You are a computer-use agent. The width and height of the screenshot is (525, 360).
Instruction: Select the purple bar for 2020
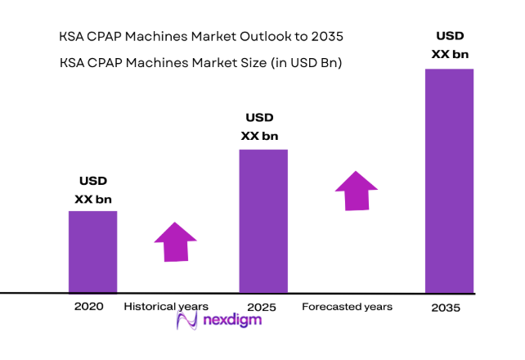tap(92, 251)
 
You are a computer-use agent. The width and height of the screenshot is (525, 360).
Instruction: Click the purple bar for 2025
tap(262, 220)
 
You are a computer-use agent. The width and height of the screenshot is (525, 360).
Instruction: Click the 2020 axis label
tap(89, 307)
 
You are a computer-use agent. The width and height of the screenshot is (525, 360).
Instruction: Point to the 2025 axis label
tap(261, 308)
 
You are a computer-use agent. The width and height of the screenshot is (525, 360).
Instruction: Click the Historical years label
tap(165, 307)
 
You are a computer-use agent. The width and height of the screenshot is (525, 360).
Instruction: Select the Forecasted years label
tap(347, 307)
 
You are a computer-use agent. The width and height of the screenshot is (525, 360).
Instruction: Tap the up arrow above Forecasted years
tap(357, 191)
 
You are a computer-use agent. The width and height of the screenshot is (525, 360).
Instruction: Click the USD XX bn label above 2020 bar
tap(92, 190)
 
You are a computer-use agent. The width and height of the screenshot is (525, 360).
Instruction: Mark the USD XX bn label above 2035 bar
tap(449, 45)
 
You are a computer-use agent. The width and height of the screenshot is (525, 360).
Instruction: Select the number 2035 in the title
tap(325, 37)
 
